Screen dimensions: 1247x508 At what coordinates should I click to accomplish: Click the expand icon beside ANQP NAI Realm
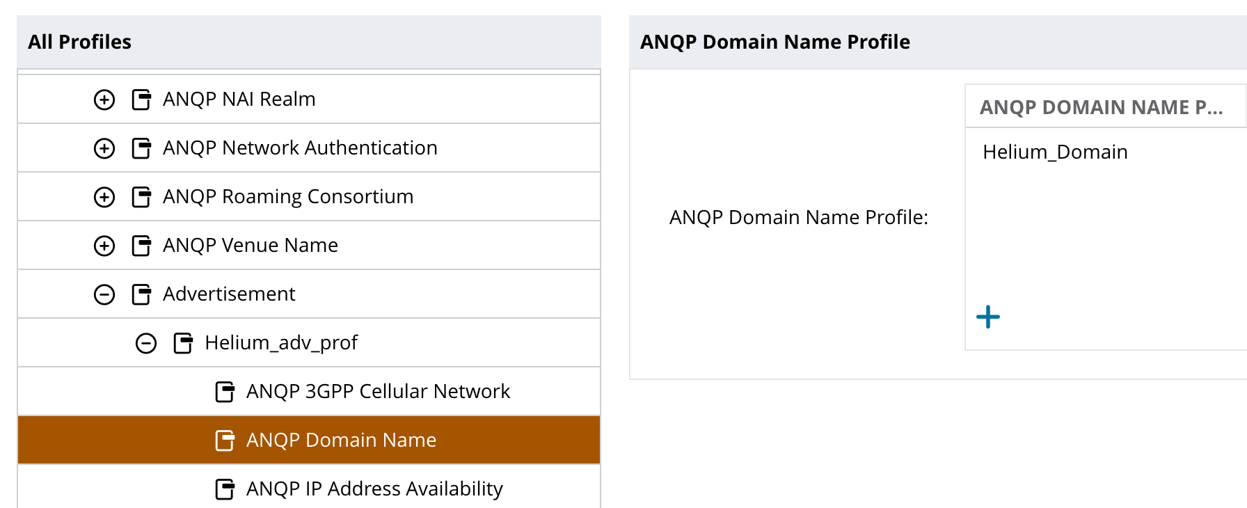tap(104, 100)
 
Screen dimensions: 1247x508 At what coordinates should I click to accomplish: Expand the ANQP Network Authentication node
tap(104, 148)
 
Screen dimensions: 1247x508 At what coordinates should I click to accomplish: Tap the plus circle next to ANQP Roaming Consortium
tap(104, 197)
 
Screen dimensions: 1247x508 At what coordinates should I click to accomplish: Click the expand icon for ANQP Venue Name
tap(104, 246)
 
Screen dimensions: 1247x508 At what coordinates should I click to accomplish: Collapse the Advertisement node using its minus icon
tap(104, 294)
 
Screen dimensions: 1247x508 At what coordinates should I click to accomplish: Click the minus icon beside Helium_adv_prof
tap(146, 343)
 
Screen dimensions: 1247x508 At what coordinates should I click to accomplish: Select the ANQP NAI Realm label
tap(239, 100)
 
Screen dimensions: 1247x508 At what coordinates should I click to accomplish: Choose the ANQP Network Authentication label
tap(300, 148)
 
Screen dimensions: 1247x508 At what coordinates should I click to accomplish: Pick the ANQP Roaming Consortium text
tap(288, 197)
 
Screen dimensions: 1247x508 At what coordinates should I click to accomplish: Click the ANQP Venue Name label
tap(251, 246)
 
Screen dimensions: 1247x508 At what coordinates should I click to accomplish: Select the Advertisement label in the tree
tap(229, 294)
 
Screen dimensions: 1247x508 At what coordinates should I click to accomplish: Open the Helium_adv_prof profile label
tap(281, 343)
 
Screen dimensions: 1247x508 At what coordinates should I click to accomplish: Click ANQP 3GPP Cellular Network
tap(378, 392)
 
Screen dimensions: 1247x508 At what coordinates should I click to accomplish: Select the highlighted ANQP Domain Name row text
tap(341, 440)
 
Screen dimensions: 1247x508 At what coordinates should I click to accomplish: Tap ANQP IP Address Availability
tap(374, 489)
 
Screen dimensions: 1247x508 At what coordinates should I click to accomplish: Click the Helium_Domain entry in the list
tap(1055, 152)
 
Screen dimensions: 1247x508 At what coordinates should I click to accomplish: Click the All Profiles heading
tap(79, 42)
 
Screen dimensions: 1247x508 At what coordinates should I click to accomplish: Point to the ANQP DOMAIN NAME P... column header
tap(1101, 107)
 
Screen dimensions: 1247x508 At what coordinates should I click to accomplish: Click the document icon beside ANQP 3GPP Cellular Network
tap(225, 392)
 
